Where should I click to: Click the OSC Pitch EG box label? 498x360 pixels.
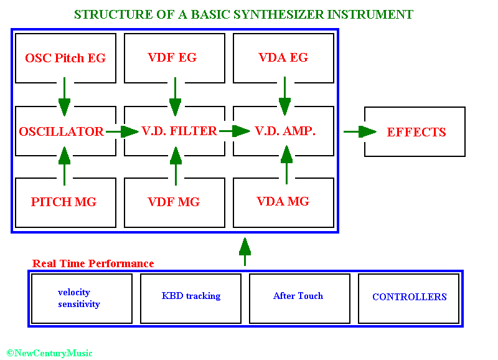tap(65, 58)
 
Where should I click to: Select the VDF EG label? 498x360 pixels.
tap(172, 57)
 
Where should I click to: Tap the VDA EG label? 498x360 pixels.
tap(283, 57)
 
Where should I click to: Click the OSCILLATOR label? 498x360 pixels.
tap(61, 131)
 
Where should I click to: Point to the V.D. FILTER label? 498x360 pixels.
tap(179, 131)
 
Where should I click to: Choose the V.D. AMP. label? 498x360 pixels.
tap(285, 131)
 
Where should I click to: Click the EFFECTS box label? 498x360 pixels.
tap(416, 132)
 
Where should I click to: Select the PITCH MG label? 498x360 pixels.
tap(63, 202)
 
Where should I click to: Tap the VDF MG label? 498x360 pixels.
tap(174, 202)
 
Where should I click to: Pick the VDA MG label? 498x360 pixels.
tap(283, 201)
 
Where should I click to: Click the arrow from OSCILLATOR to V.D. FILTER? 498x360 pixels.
tap(122, 131)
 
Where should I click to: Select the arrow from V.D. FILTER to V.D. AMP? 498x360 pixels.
tap(235, 131)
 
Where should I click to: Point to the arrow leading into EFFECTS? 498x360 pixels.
tap(360, 131)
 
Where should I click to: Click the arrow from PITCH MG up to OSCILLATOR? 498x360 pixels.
tap(65, 166)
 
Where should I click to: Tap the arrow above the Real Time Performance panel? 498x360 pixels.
tap(245, 252)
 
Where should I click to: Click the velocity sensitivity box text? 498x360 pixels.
tap(79, 298)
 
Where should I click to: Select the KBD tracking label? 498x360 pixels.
tap(191, 296)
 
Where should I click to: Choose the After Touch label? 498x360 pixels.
tap(298, 296)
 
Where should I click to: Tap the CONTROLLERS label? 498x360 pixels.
tap(410, 296)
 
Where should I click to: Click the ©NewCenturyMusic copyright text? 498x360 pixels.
tap(50, 353)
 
